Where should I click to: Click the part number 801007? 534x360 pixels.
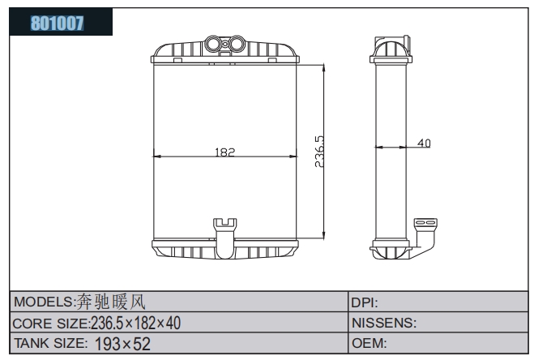58,24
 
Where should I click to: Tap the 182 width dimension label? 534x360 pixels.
224,152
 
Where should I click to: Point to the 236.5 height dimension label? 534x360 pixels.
319,152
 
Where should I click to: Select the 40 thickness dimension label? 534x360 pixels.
424,143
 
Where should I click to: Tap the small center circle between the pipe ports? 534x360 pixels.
225,44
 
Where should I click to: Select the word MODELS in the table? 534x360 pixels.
42,302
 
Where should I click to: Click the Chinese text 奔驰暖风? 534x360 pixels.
110,302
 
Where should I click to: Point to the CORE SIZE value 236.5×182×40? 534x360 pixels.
135,323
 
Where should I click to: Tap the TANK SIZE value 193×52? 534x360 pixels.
122,344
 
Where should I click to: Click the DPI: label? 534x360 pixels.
365,302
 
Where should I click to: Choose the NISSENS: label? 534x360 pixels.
384,323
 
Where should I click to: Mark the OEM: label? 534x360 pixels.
370,343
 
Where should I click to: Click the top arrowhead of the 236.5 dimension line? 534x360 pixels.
323,67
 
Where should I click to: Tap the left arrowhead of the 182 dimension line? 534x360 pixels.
156,156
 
